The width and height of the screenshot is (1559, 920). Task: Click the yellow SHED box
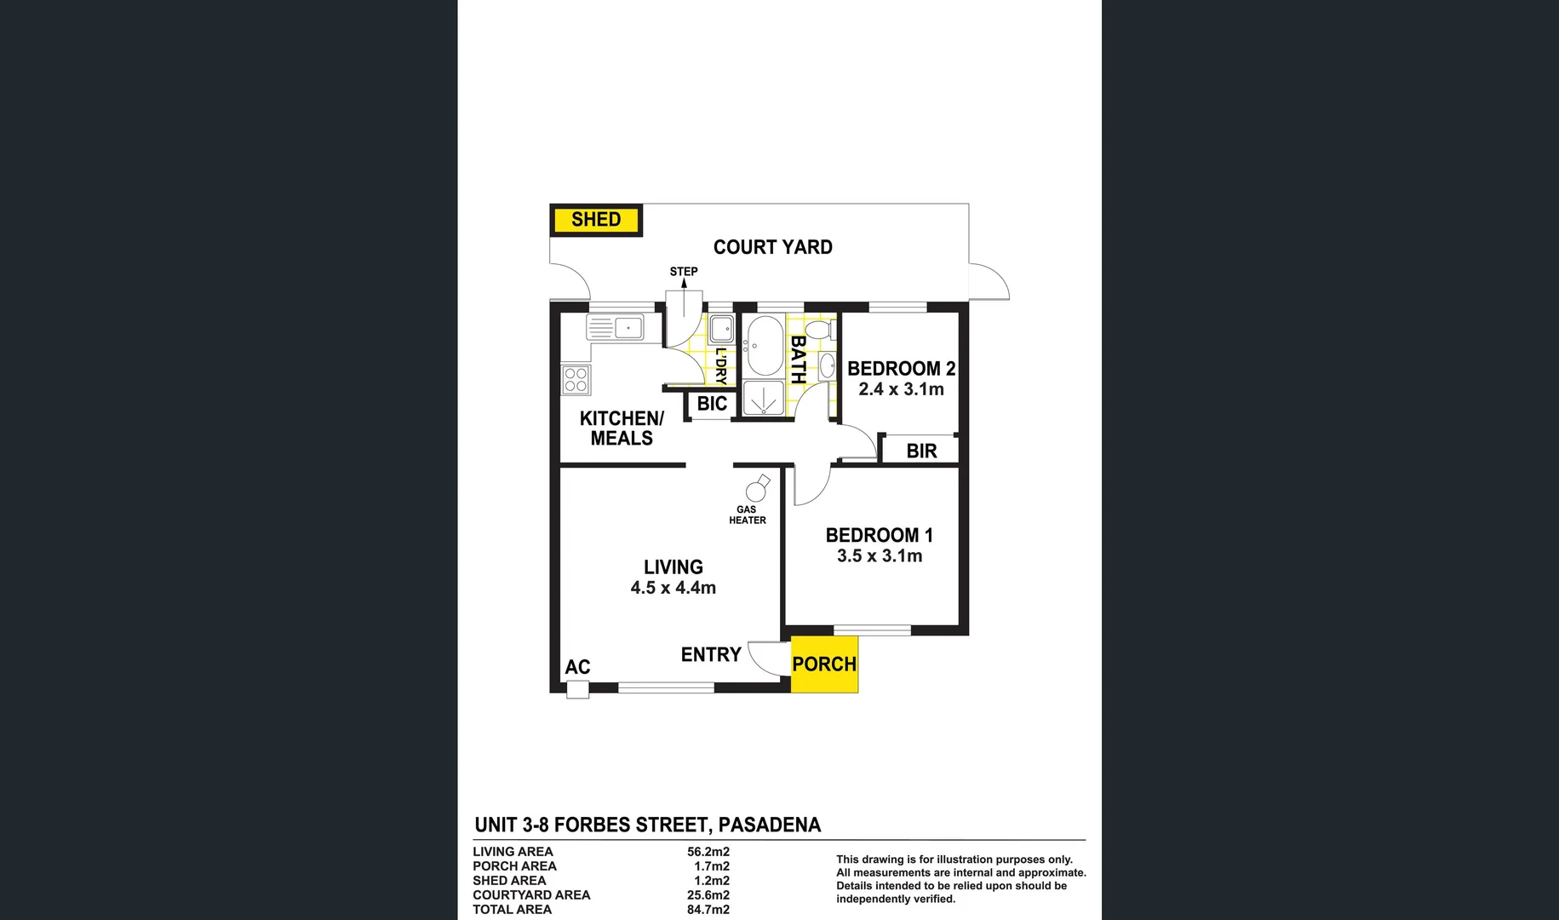596,220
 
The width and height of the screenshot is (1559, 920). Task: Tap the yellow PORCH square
824,664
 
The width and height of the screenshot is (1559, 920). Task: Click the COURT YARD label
772,247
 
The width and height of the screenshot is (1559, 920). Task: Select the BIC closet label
712,404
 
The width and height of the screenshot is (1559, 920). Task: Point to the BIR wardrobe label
921,451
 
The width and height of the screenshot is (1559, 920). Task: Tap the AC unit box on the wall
578,689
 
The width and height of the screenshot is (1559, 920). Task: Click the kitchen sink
616,326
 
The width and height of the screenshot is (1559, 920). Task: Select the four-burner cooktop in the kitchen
576,380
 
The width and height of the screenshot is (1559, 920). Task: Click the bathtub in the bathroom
764,346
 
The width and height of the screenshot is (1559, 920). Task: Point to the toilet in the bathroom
821,330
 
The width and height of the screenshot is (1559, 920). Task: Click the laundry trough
721,328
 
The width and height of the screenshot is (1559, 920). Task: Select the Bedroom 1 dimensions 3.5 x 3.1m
880,556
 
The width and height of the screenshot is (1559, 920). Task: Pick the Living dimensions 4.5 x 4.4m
673,588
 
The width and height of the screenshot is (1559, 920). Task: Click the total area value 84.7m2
708,910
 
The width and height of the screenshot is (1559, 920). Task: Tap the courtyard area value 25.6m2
708,895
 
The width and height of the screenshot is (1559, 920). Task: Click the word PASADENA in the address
770,825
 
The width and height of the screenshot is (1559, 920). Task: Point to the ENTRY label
711,654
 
